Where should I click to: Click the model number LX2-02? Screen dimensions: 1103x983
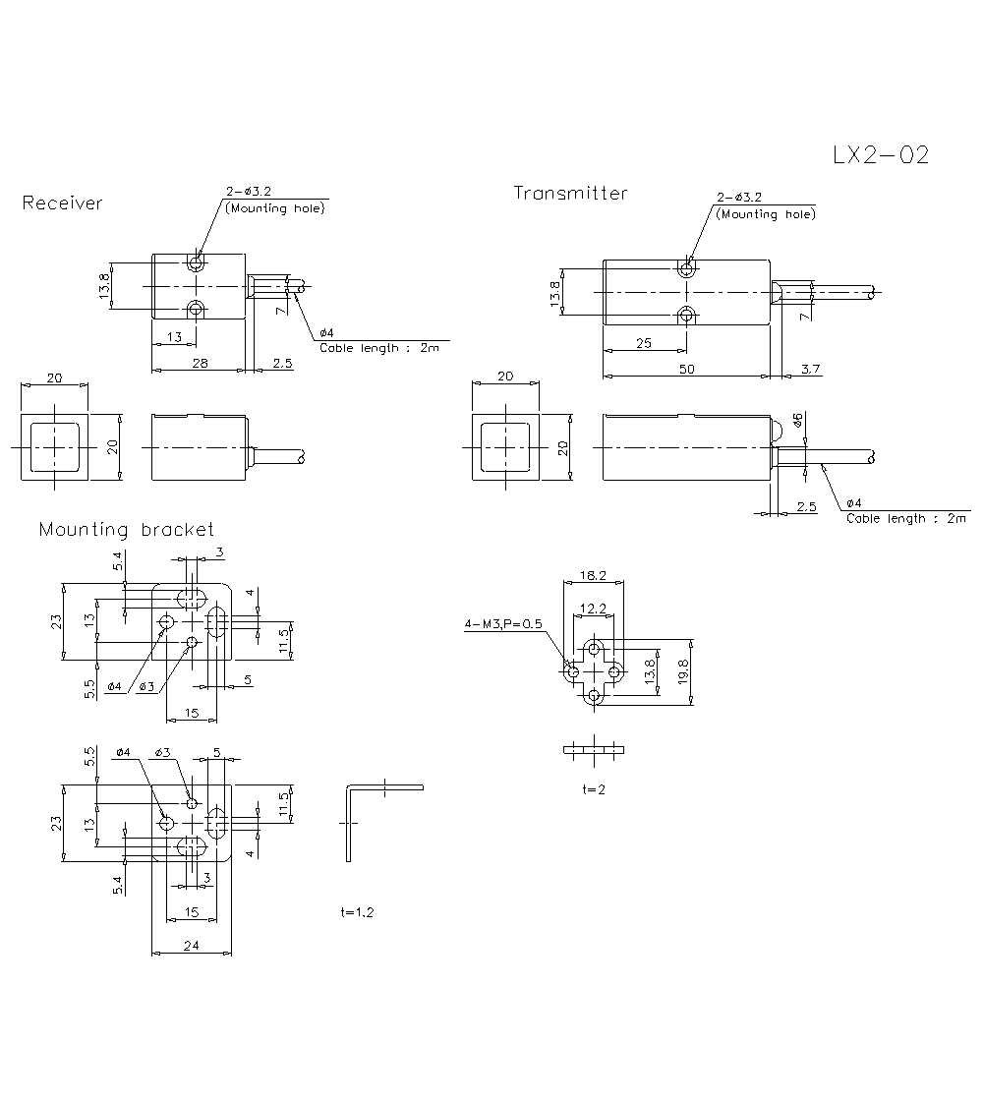(x=880, y=155)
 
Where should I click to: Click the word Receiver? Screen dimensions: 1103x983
(x=62, y=203)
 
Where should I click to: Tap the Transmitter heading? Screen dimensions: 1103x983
(x=570, y=194)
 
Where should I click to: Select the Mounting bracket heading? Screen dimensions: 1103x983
(x=126, y=530)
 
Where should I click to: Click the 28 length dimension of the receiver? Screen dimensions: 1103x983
(x=201, y=364)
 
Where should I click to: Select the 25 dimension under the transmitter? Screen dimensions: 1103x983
(x=644, y=342)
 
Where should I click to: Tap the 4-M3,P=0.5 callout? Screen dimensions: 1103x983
(x=503, y=623)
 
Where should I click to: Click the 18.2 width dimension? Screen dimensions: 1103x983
(x=593, y=575)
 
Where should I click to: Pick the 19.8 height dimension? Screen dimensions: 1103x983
(x=682, y=673)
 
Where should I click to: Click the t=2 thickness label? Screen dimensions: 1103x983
(x=594, y=789)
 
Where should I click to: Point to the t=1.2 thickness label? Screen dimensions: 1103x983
(x=357, y=912)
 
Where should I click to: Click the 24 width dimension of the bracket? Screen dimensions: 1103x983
(x=192, y=946)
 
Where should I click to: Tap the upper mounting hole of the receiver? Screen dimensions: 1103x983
(x=197, y=263)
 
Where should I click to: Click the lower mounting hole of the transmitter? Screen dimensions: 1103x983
(x=687, y=315)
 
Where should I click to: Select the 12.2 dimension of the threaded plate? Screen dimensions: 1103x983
(x=593, y=609)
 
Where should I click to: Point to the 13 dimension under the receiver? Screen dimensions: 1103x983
(x=175, y=337)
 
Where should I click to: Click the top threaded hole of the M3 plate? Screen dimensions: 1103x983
(x=594, y=649)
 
